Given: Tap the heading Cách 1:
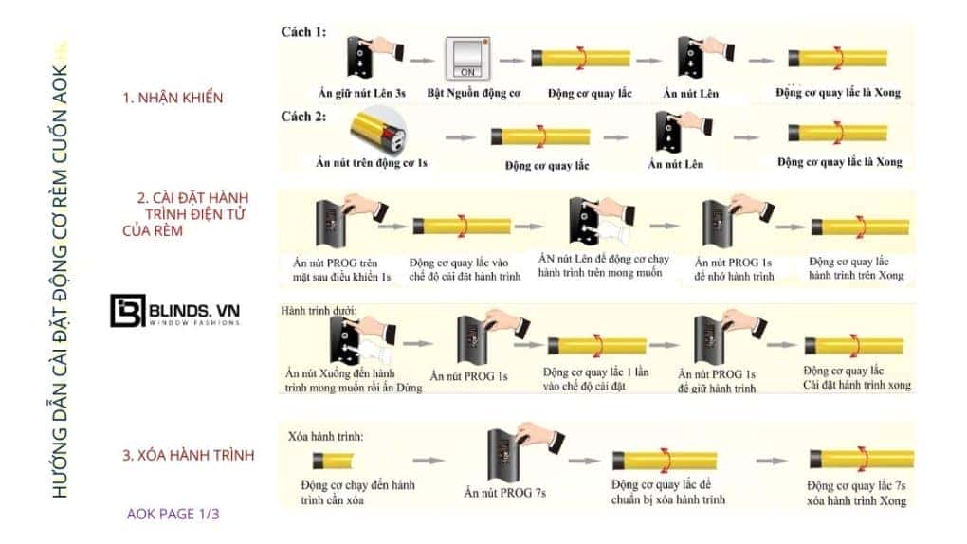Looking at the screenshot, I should point(303,31).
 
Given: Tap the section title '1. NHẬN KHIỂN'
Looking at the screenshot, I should point(173,98).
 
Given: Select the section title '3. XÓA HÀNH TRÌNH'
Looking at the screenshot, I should point(189,455).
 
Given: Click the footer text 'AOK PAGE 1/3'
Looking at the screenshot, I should point(173,514).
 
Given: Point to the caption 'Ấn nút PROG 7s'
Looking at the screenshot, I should point(506,492).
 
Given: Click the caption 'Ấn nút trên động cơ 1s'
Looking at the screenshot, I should point(372,162).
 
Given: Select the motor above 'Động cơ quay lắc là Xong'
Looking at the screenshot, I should point(833,58).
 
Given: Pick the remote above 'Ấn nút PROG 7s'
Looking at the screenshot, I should point(504,454).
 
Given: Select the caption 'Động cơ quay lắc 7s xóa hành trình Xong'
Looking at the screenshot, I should point(860,493).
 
